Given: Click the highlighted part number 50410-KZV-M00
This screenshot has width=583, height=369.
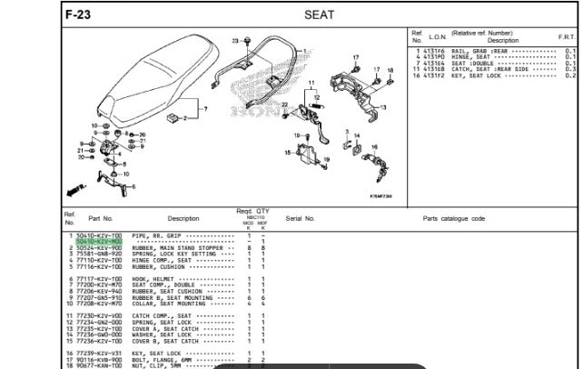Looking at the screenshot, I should pyautogui.click(x=99, y=241).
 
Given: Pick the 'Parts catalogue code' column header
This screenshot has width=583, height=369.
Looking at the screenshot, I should pyautogui.click(x=453, y=218).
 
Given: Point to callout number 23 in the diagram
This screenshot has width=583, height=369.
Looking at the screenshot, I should pyautogui.click(x=235, y=41).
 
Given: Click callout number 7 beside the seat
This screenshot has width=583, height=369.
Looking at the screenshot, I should pyautogui.click(x=206, y=108).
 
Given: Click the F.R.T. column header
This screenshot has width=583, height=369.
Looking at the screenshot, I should pyautogui.click(x=569, y=37).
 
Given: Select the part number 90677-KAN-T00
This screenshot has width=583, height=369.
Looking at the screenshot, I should pyautogui.click(x=99, y=365).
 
